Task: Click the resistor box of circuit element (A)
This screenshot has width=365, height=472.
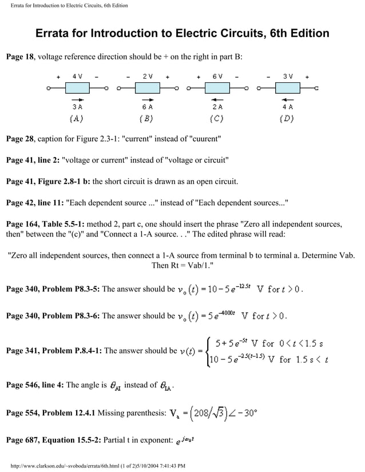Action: click(x=77, y=88)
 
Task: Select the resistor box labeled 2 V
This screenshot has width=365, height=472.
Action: click(x=147, y=88)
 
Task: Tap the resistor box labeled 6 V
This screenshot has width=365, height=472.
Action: click(x=217, y=88)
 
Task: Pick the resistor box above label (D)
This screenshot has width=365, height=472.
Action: click(x=287, y=88)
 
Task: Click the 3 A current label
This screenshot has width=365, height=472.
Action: click(x=77, y=106)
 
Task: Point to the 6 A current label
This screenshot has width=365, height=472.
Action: click(x=147, y=106)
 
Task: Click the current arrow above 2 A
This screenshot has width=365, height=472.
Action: click(x=217, y=99)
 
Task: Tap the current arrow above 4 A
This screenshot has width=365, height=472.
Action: click(x=287, y=99)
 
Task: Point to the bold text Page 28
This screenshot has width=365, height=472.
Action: click(x=20, y=139)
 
